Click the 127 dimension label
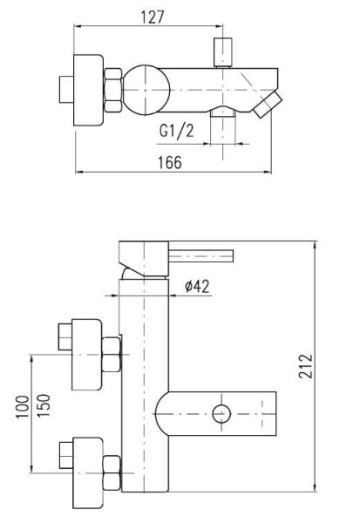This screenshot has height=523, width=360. tap(153, 17)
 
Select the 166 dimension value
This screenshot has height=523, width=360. tap(170, 162)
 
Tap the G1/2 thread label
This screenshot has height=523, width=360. tap(176, 131)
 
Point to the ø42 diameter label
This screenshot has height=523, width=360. tap(198, 286)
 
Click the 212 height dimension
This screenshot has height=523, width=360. tap(306, 366)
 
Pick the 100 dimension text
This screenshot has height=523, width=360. tap(23, 407)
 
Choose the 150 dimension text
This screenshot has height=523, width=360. tap(44, 405)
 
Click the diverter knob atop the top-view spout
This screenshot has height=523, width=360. tap(222, 52)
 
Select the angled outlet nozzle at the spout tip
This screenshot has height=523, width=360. tap(268, 105)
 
